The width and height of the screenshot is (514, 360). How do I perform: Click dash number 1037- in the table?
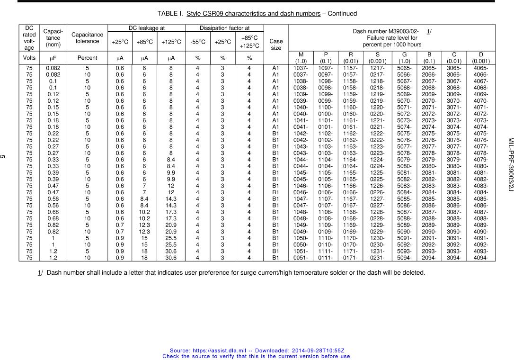pos(301,68)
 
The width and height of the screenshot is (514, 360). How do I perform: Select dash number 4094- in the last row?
pos(481,258)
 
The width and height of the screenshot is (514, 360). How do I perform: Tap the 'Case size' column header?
pos(276,45)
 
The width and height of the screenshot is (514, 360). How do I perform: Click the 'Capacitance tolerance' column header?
pos(87,38)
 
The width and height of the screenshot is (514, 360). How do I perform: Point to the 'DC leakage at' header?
pos(147,28)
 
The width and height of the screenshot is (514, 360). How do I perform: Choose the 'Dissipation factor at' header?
pos(224,28)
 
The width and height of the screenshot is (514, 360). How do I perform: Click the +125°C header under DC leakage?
pos(171,42)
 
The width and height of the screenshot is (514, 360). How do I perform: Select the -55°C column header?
pos(198,42)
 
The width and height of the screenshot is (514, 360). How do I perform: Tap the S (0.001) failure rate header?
pos(378,58)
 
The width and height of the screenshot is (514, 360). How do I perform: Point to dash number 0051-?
pos(301,258)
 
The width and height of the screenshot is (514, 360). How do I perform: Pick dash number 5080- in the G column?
pos(404,166)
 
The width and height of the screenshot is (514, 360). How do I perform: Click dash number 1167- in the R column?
pos(350,199)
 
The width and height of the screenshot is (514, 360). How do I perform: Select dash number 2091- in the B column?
pos(429,238)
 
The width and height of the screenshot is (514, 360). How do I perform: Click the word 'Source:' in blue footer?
pos(180,350)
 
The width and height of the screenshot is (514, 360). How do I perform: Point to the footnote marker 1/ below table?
pos(40,272)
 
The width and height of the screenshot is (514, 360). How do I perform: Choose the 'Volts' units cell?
pos(29,58)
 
